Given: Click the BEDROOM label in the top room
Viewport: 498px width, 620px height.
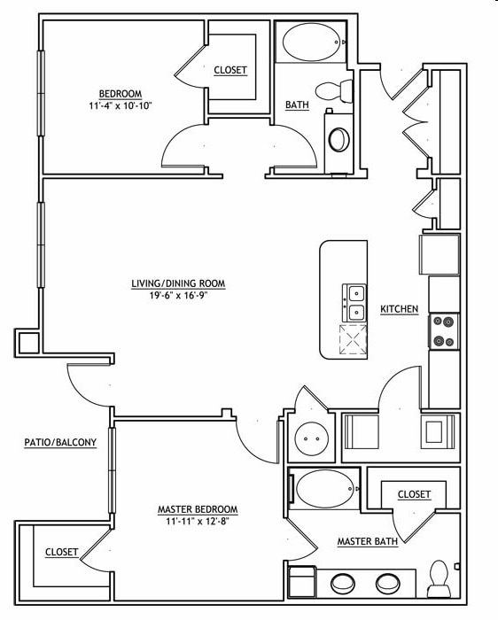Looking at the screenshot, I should (x=120, y=93).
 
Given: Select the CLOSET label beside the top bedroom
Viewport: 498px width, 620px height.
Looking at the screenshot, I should (x=230, y=70).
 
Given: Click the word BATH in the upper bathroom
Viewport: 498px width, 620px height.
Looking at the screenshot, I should (x=297, y=105).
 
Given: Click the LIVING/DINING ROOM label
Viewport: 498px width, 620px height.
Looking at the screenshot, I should (x=178, y=284).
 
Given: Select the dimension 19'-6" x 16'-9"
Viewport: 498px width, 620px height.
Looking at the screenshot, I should (x=178, y=297).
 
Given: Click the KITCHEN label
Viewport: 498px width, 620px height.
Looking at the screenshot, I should (x=399, y=309).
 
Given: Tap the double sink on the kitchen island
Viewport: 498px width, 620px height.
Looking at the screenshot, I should (x=355, y=302).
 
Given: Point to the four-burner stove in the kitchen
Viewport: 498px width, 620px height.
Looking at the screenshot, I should (x=442, y=331).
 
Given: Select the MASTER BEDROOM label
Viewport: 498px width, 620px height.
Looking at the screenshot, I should (x=198, y=509).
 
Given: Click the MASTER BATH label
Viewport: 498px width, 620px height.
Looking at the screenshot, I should (x=367, y=541).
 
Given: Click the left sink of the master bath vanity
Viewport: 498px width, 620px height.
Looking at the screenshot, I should (x=341, y=585).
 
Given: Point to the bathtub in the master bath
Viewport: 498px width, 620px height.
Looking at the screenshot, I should (x=325, y=485).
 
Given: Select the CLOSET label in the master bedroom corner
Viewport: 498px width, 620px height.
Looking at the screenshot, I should (x=62, y=552).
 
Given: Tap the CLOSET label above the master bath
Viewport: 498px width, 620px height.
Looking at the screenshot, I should (x=414, y=494).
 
